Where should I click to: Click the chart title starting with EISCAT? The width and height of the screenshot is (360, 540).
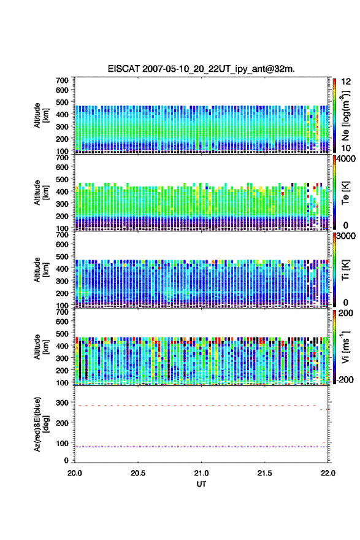[x=201, y=69]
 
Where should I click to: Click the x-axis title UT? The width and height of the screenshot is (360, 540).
[x=201, y=484]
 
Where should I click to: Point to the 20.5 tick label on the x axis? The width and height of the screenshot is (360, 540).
[x=138, y=473]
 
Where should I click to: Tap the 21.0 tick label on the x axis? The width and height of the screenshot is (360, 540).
[x=201, y=473]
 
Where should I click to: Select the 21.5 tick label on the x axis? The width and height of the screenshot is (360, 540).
[x=264, y=473]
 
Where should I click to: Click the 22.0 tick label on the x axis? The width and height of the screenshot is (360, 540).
[x=327, y=473]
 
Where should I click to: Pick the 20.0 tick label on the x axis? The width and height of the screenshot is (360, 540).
[x=75, y=473]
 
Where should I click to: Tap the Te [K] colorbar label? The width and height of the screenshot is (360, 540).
[x=345, y=193]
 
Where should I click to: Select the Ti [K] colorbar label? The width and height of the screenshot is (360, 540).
[x=345, y=270]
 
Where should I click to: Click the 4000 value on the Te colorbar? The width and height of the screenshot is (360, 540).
[x=346, y=159]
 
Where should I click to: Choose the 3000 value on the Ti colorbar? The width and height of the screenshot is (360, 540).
[x=346, y=236]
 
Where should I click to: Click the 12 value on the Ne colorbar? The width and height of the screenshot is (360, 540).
[x=347, y=82]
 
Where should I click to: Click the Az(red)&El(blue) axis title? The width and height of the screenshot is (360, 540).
[x=40, y=424]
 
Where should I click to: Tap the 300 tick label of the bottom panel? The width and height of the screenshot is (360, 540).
[x=62, y=403]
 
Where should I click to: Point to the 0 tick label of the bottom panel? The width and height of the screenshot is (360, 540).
[x=66, y=460]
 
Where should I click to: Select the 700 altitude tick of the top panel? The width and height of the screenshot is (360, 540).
[x=62, y=80]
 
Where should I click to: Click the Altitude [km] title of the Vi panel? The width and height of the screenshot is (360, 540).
[x=40, y=347]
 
